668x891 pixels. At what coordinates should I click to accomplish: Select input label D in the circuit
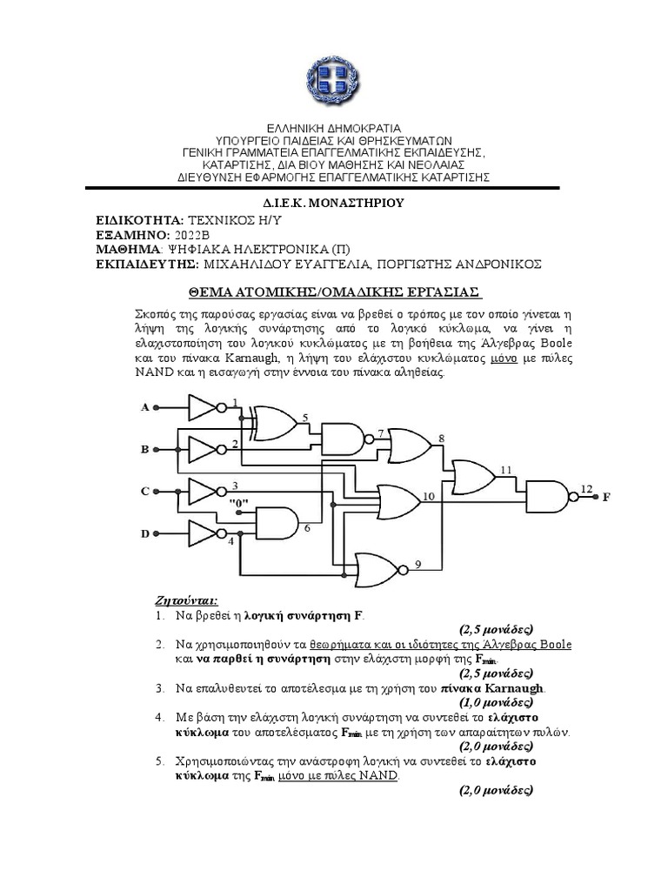pyautogui.click(x=144, y=533)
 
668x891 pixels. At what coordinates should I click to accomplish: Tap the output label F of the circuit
pyautogui.click(x=606, y=497)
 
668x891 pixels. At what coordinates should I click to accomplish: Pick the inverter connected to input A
pyautogui.click(x=203, y=406)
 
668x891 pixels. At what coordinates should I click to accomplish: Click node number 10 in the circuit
pyautogui.click(x=428, y=497)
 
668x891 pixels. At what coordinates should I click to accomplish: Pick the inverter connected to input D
pyautogui.click(x=203, y=533)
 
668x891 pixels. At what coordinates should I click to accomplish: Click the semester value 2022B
pyautogui.click(x=191, y=235)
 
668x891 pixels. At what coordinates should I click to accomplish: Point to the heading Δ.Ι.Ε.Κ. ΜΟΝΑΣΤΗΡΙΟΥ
pyautogui.click(x=334, y=203)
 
